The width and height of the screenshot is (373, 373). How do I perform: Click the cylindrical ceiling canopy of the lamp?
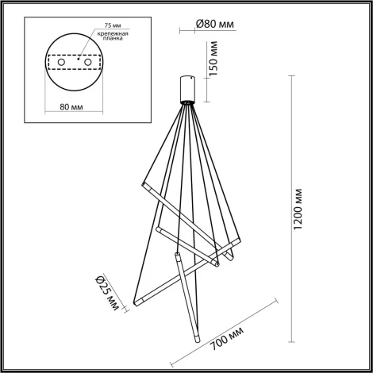(x=189, y=87)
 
